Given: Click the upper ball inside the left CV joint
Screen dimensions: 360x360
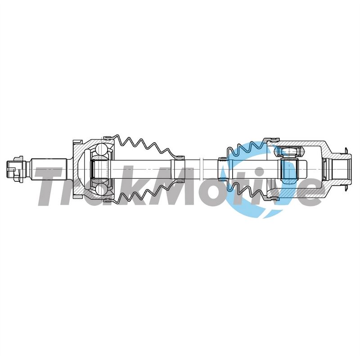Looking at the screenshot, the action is coord(100,149).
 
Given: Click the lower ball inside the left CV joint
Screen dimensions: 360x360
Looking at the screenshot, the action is coord(100,188).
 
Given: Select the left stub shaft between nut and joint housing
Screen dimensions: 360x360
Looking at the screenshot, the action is coord(49,169).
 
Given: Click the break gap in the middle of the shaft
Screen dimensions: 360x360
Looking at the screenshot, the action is coord(201,169).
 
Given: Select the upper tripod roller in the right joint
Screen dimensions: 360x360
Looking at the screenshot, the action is coord(289,152).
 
